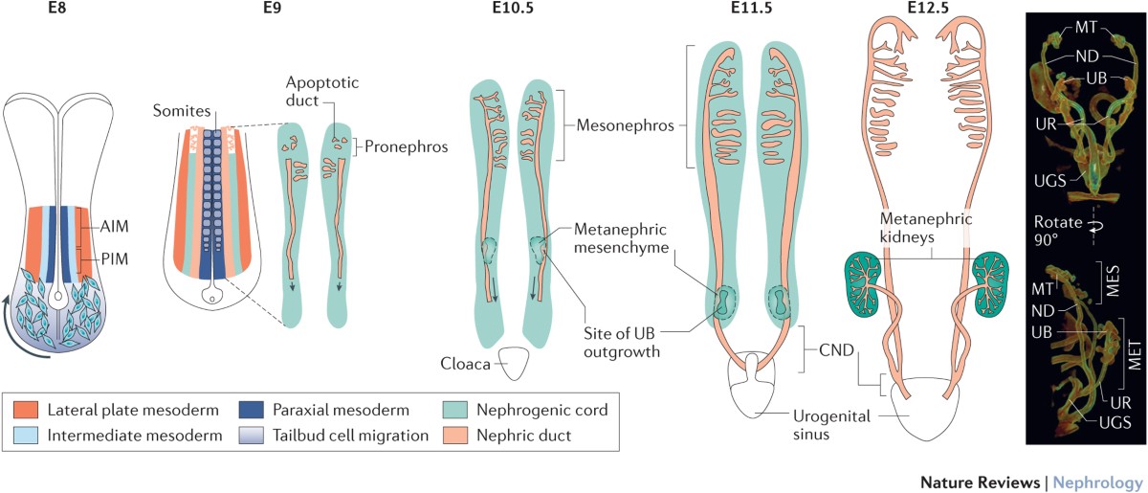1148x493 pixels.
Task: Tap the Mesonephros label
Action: (615, 124)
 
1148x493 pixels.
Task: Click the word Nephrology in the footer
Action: (1101, 482)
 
